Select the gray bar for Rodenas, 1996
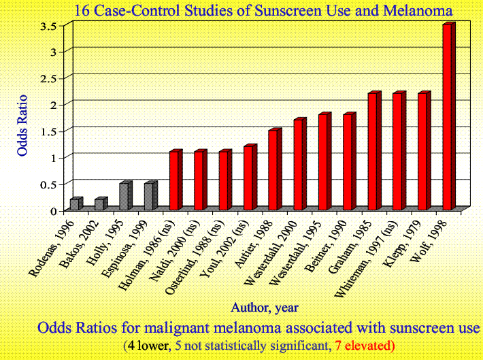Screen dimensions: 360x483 click(x=74, y=204)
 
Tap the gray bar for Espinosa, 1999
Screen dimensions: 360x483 click(x=149, y=197)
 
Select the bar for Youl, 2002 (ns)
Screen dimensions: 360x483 click(x=249, y=178)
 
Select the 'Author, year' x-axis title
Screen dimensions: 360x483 click(x=264, y=307)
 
